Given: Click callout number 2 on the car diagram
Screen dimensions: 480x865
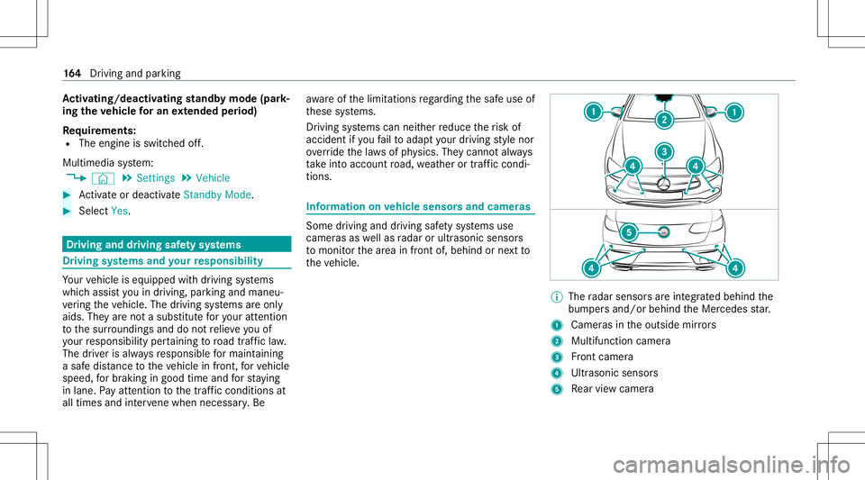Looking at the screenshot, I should tap(664, 120).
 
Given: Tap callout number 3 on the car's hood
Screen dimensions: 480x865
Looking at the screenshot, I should tap(664, 151).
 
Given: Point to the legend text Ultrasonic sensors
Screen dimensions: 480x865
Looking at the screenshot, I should tap(613, 371).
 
